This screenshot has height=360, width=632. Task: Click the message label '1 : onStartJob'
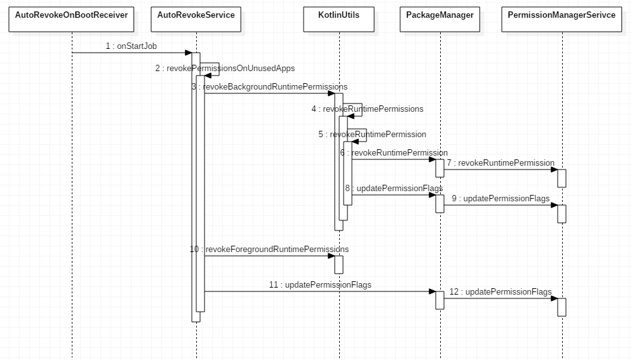[x=131, y=46]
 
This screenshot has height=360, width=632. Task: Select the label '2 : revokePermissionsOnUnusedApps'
[x=225, y=68]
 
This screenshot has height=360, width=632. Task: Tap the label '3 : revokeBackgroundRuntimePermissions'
[x=269, y=86]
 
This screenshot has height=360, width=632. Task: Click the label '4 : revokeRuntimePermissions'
[x=367, y=109]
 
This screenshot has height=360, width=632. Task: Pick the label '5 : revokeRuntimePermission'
[x=372, y=134]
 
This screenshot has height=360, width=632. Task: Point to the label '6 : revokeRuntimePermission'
[x=394, y=152]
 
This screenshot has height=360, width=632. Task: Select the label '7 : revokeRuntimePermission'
[x=501, y=163]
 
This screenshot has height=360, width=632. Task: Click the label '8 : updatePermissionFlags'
[x=394, y=188]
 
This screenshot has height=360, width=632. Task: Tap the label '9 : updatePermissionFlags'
[x=501, y=198]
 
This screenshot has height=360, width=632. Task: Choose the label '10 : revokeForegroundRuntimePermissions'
[x=269, y=249]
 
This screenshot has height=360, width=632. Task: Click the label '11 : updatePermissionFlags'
[x=320, y=284]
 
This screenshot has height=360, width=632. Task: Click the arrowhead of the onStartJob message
[x=188, y=53]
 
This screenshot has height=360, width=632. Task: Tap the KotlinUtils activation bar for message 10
[x=339, y=264]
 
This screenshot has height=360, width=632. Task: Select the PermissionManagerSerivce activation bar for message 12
[x=561, y=307]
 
